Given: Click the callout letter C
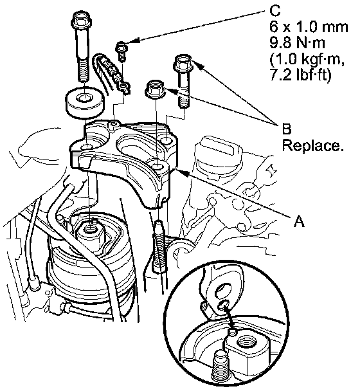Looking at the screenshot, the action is (x=274, y=10).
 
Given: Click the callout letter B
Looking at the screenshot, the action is (x=287, y=129).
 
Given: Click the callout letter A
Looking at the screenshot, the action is (x=299, y=221).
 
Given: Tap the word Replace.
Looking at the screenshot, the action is (x=312, y=145).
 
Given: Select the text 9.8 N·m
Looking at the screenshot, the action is (x=297, y=42).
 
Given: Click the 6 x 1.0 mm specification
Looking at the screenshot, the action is (x=309, y=26).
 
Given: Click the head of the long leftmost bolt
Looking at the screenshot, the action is (x=80, y=20).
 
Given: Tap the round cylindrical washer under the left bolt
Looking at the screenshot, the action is (x=84, y=102).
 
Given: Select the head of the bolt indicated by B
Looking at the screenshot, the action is (x=183, y=63).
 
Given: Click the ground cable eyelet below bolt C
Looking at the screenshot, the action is (x=124, y=87).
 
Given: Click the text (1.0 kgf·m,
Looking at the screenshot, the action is (x=307, y=59).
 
